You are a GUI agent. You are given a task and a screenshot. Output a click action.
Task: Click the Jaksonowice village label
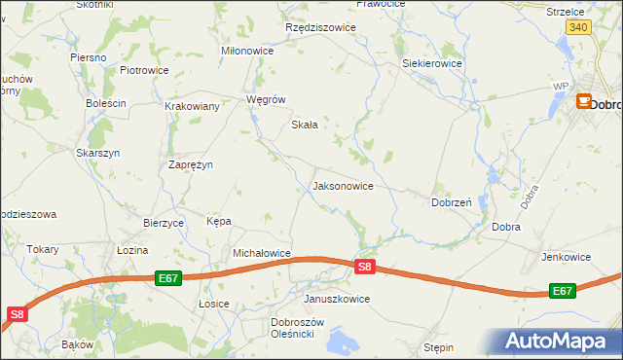[342, 185]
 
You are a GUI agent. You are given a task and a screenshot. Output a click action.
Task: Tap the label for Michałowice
[262, 253]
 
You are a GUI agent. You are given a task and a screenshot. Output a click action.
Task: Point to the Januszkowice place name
[337, 299]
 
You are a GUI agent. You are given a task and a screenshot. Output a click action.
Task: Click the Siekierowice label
[432, 63]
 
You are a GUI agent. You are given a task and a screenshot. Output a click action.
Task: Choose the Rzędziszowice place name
[320, 27]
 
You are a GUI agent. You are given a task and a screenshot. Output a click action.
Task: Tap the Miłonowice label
[248, 51]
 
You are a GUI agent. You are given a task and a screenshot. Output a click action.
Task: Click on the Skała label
[307, 125]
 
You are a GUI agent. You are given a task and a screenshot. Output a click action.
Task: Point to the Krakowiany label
[193, 106]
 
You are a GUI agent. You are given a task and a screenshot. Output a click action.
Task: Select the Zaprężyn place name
[190, 164]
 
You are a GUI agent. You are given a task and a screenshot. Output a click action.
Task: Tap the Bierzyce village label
[163, 222]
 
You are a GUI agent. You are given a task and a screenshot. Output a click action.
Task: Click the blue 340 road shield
[578, 28]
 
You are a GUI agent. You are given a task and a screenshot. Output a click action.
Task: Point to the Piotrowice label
[144, 70]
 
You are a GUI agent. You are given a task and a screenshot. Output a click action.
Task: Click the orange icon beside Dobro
[584, 100]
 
